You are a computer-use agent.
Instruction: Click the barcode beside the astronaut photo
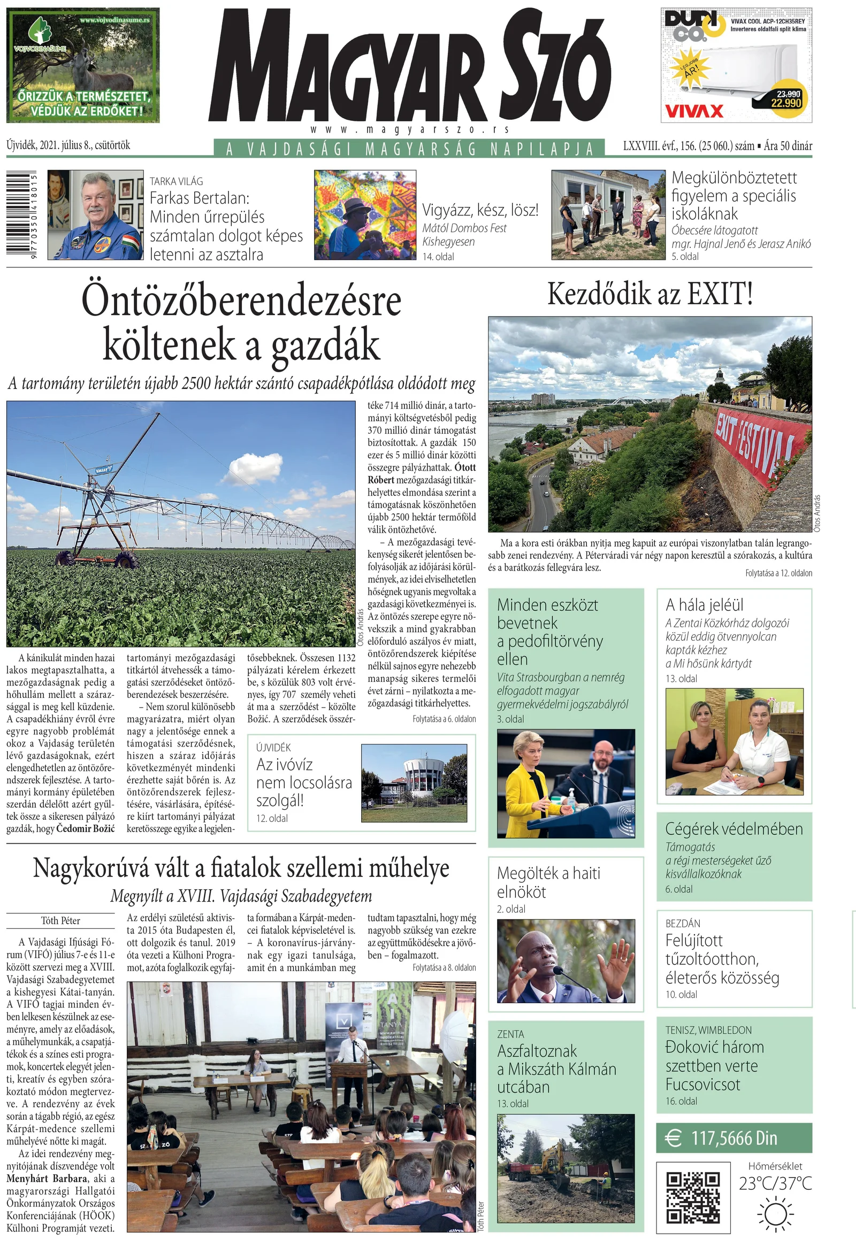pyautogui.click(x=21, y=214)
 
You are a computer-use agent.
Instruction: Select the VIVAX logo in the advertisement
pyautogui.click(x=693, y=111)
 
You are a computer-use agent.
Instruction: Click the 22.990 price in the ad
pyautogui.click(x=786, y=103)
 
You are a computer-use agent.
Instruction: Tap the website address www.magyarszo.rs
pyautogui.click(x=410, y=130)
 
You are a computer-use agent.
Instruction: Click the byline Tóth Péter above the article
pyautogui.click(x=60, y=920)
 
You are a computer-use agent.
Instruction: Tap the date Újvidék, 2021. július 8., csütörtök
pyautogui.click(x=68, y=145)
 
